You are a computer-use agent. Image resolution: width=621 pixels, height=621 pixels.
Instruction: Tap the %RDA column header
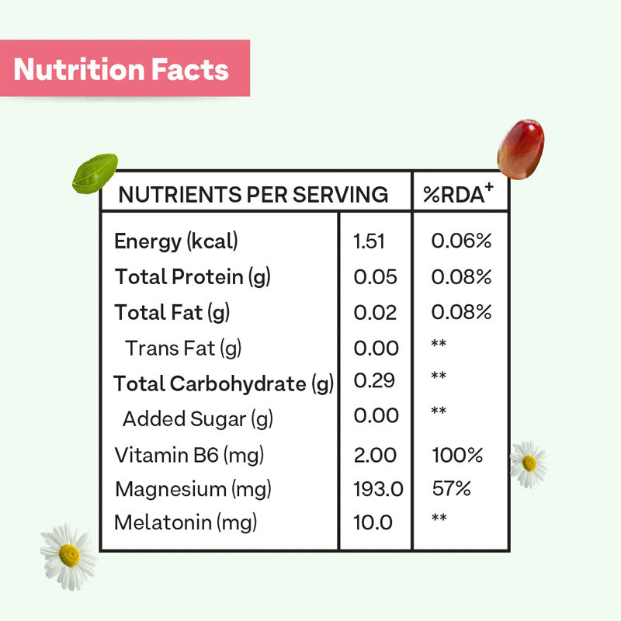point(459,194)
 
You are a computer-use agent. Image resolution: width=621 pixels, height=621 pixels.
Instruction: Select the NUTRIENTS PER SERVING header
point(253,194)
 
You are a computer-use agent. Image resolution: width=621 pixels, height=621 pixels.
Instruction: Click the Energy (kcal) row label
point(176,241)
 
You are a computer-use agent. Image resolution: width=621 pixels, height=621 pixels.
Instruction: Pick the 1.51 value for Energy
point(369,241)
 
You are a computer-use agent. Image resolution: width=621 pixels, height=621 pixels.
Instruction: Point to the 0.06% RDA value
point(461,241)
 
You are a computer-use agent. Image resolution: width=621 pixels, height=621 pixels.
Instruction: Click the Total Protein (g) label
point(193,276)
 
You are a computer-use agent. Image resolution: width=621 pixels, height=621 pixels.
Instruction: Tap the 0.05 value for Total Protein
point(375,277)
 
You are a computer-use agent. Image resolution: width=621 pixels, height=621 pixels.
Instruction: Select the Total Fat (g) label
point(172,312)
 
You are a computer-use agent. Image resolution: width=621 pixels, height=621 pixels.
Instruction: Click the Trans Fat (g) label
point(183,349)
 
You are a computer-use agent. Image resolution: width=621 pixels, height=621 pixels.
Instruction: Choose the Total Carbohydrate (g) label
point(224,383)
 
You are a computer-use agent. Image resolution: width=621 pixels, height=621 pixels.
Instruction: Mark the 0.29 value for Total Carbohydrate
point(374,381)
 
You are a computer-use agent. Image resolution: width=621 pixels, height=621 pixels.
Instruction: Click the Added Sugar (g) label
point(198,419)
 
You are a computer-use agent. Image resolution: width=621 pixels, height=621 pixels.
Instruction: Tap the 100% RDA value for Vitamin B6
point(457,455)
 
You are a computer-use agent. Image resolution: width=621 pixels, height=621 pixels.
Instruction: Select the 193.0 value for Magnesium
point(378,490)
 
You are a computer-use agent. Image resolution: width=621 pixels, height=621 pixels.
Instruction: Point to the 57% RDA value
point(452,490)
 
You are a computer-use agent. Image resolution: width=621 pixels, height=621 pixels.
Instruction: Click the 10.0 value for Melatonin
point(373,522)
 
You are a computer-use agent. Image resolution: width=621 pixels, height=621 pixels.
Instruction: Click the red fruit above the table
point(520,147)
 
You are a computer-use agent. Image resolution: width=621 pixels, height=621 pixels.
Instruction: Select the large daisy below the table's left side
point(68,555)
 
